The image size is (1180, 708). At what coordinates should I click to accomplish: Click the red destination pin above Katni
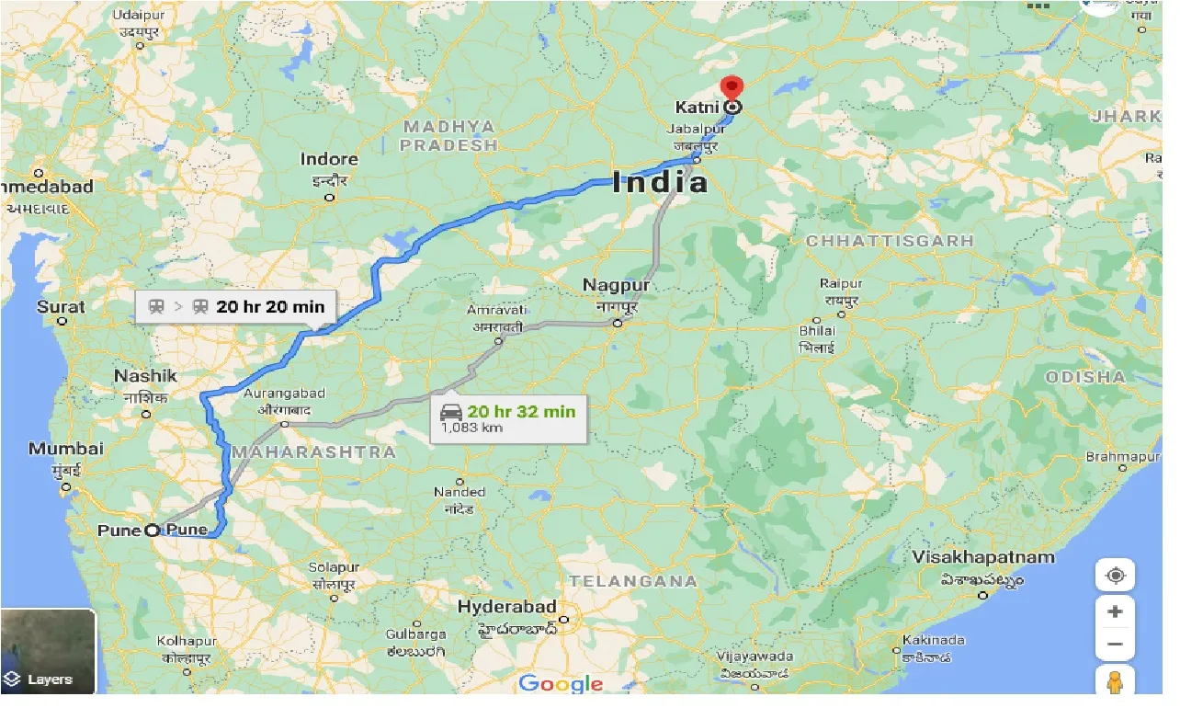[732, 87]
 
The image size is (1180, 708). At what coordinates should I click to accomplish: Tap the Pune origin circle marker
[152, 529]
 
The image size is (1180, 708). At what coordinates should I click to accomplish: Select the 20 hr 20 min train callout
[237, 307]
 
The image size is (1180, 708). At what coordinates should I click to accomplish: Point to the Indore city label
[329, 160]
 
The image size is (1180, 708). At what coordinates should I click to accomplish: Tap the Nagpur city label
[616, 286]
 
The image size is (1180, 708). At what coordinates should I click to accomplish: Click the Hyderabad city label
[507, 607]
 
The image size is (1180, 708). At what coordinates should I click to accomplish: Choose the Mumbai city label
[66, 450]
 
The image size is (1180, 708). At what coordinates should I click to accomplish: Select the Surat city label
[61, 307]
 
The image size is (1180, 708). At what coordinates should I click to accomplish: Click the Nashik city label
[145, 376]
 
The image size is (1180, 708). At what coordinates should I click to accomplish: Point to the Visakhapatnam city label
[983, 557]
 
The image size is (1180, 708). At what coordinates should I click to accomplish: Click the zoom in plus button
[1115, 612]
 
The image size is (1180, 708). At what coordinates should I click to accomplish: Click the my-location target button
[1115, 577]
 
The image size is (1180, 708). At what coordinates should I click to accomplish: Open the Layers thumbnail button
[49, 652]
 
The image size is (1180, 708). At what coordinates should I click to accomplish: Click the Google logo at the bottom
[561, 683]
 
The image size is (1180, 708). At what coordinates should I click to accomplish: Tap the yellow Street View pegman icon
[1115, 682]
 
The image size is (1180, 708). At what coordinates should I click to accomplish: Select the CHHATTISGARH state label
[889, 241]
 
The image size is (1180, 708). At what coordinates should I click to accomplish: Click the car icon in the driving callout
[450, 411]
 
